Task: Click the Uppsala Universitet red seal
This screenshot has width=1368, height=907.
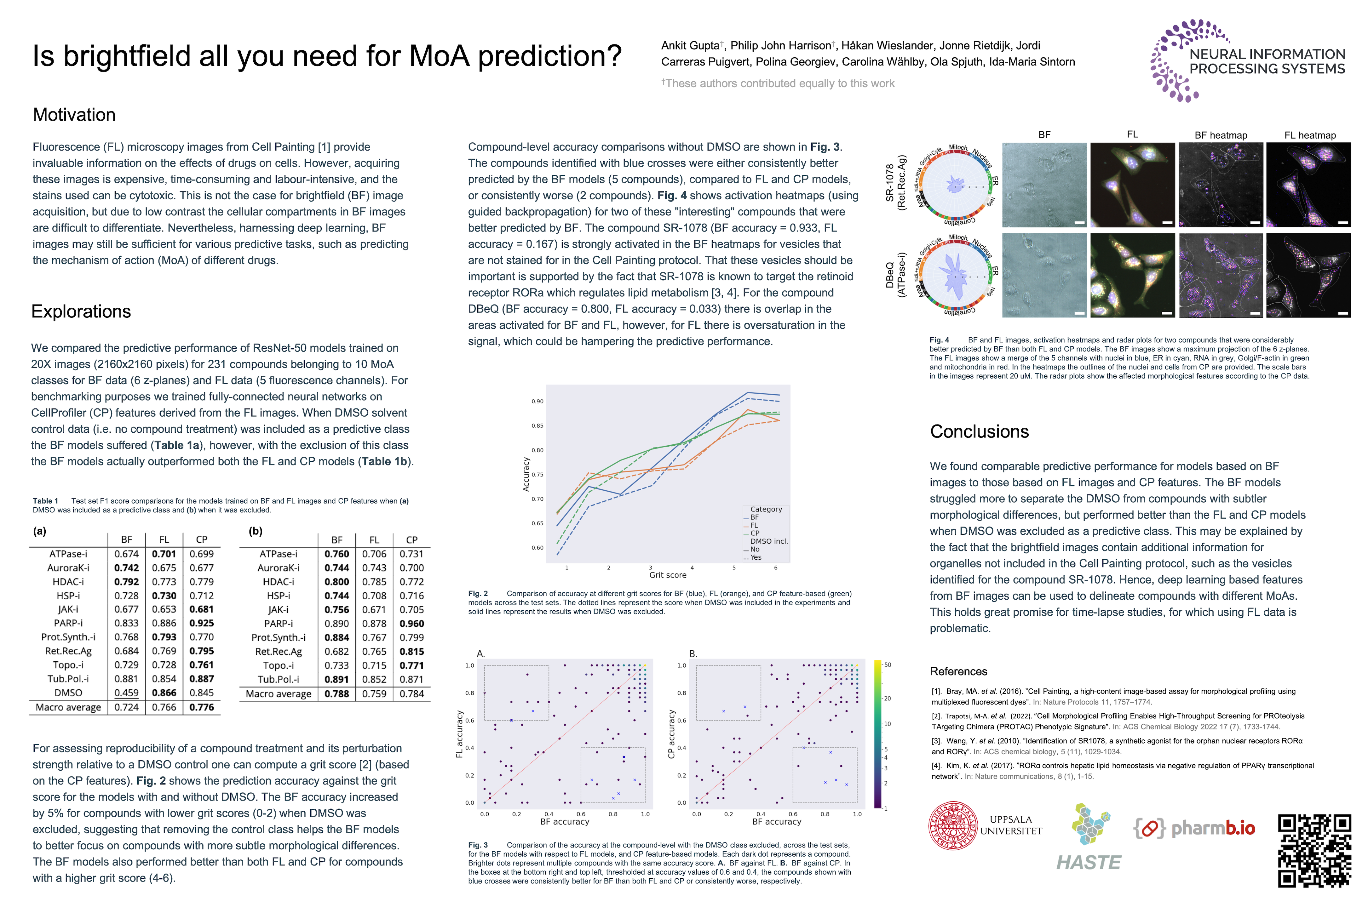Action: click(952, 826)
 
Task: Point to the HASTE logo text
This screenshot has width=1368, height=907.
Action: click(1088, 863)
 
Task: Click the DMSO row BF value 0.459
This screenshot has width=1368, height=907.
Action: click(126, 693)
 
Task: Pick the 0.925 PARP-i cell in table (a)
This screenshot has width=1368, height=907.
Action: click(201, 623)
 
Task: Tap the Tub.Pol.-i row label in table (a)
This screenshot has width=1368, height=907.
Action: click(68, 678)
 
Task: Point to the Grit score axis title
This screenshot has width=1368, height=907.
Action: click(667, 575)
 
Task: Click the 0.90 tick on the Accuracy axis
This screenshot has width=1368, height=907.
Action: click(537, 402)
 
